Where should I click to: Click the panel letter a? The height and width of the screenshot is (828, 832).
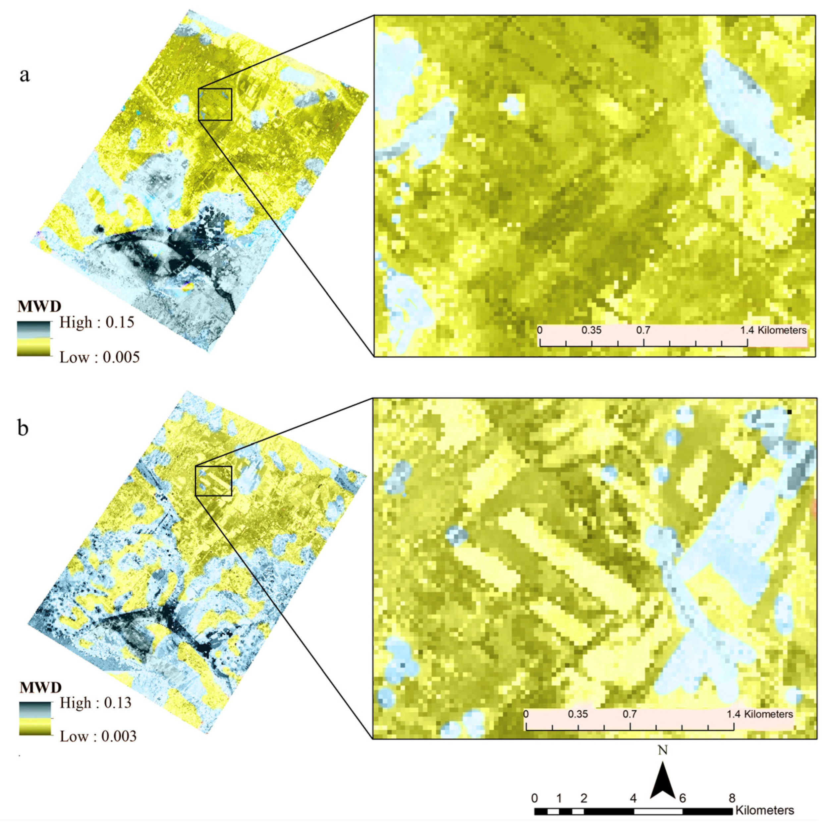point(25,75)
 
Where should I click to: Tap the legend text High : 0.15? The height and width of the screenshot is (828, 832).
point(96,322)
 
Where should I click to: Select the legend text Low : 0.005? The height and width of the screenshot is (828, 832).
point(99,357)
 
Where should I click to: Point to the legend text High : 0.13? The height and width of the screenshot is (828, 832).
point(96,703)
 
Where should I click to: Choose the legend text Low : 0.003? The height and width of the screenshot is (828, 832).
point(98,736)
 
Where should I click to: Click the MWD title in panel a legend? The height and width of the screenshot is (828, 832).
point(39,307)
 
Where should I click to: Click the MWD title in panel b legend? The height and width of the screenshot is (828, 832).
point(40,687)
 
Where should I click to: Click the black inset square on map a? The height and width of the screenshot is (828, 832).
point(215,105)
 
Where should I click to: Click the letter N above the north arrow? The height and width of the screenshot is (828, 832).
point(662,750)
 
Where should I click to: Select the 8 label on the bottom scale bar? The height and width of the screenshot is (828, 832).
point(732,798)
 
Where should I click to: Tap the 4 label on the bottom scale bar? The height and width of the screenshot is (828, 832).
point(633,798)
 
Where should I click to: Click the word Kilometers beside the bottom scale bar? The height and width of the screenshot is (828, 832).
point(764,810)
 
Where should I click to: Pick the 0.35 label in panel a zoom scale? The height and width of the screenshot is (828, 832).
point(591,330)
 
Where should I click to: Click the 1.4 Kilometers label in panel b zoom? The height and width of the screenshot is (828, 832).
point(760,714)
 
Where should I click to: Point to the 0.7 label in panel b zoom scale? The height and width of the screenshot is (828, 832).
point(630,714)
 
